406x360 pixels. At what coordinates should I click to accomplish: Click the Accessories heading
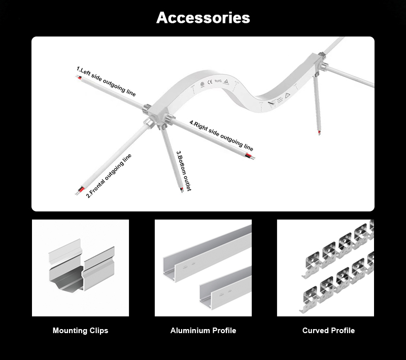tap(203, 18)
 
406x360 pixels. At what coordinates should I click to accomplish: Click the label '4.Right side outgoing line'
tap(221, 135)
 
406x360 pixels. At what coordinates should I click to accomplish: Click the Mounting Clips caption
tap(80, 331)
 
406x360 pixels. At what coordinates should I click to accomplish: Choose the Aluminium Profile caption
tap(203, 331)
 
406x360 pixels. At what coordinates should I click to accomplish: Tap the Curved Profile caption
tap(328, 331)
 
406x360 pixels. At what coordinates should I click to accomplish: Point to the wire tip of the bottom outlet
tap(181, 190)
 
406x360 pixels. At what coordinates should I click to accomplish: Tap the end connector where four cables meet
tap(154, 117)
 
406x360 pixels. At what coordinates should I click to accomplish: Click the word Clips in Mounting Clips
tap(97, 331)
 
